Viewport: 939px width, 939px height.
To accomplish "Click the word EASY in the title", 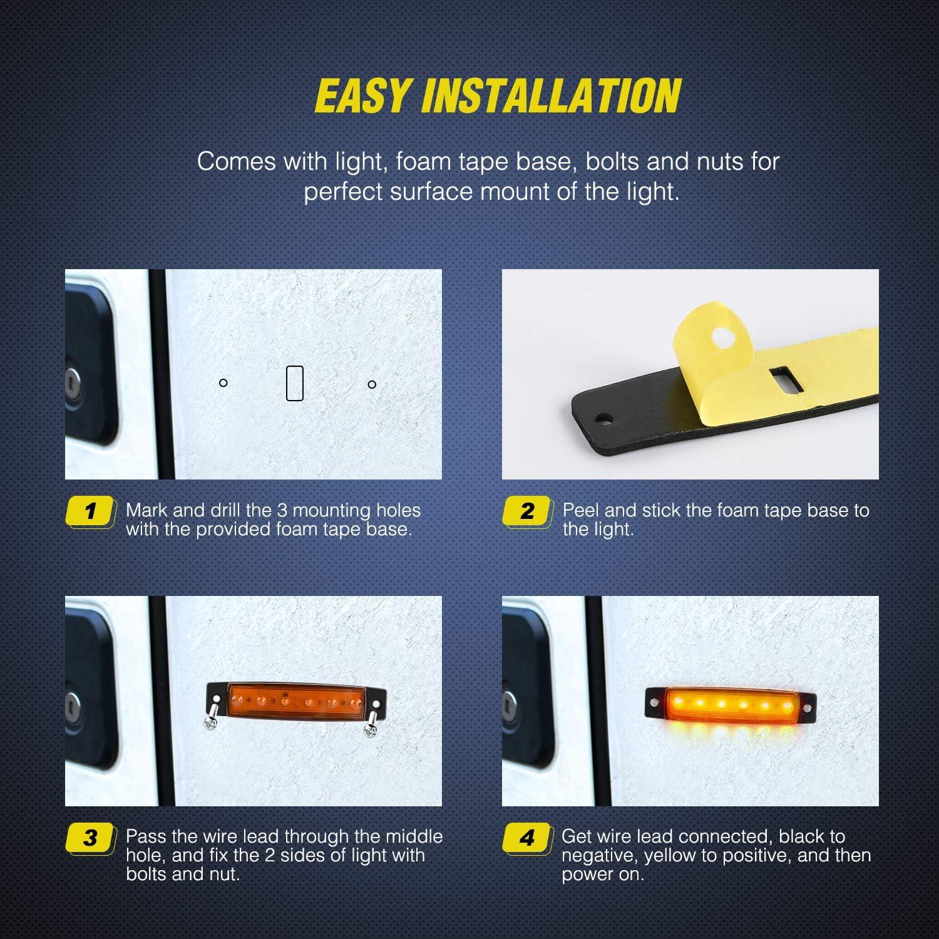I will [362, 96].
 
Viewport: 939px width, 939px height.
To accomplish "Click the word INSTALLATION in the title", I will [551, 96].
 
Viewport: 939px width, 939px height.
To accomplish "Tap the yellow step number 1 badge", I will [91, 511].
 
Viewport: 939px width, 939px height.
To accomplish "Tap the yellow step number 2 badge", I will [528, 511].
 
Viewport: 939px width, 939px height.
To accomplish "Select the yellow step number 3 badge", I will [91, 838].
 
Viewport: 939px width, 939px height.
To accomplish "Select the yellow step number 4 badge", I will [528, 838].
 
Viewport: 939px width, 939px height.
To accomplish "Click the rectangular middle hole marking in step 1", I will [295, 383].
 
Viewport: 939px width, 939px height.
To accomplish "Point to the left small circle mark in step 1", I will [223, 382].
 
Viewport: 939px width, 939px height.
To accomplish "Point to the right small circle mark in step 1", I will [372, 384].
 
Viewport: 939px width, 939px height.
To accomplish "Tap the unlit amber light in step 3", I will [295, 700].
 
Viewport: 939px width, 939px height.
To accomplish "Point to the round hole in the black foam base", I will [604, 417].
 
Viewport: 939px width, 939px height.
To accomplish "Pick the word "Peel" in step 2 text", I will [581, 510].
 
